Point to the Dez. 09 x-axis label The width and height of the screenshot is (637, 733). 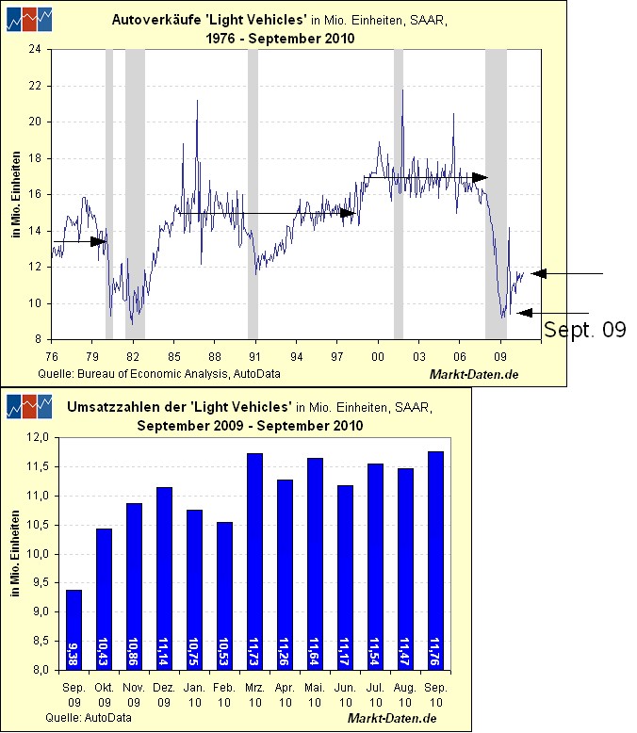pos(164,693)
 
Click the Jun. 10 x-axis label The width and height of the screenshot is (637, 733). pos(345,693)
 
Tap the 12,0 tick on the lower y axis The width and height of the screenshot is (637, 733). pos(41,438)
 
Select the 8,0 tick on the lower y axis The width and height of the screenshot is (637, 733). pos(41,670)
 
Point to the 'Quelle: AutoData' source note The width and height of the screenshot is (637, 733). pos(89,718)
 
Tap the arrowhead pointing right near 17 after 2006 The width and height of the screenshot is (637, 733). pos(481,177)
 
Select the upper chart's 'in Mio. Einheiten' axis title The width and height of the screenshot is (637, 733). pos(17,193)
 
